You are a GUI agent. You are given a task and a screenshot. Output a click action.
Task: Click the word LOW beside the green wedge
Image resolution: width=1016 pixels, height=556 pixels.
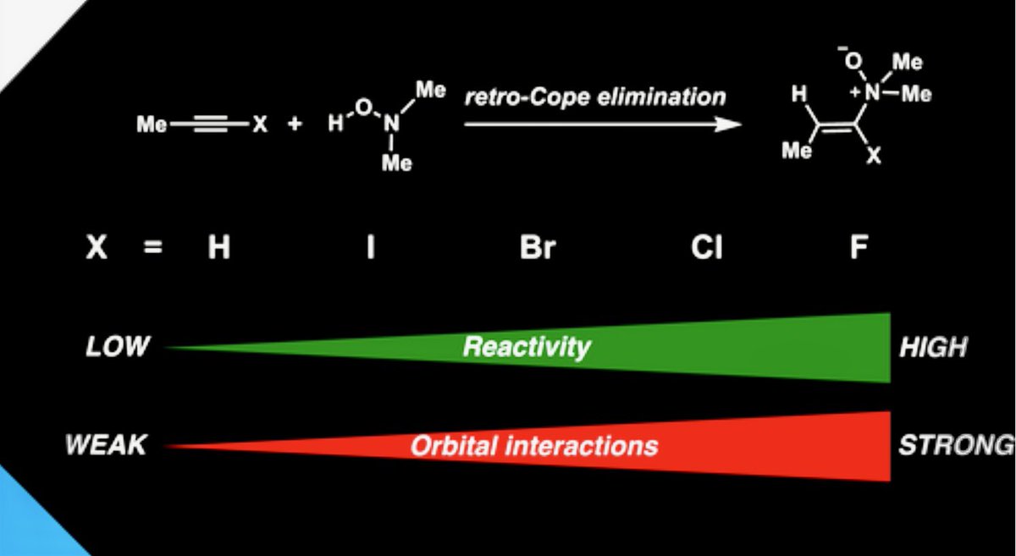point(118,347)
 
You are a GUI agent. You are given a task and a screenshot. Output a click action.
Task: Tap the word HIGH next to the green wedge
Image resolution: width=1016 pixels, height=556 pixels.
point(933,347)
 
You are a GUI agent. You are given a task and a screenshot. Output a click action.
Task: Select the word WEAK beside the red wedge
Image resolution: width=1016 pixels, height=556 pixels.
point(106,445)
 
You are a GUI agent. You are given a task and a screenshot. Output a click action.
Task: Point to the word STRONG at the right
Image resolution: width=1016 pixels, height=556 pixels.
point(955,445)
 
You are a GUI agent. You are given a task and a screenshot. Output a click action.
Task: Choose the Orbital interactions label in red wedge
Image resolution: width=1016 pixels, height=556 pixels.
point(533,446)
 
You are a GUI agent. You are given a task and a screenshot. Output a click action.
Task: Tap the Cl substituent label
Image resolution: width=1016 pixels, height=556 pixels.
point(705,250)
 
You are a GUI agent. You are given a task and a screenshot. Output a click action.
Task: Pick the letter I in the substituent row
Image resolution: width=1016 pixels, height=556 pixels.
point(370,250)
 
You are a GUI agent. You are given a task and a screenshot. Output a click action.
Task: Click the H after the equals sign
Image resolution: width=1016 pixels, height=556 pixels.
point(219,250)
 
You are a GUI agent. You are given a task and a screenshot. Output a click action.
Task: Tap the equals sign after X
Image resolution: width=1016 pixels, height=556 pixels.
point(153,250)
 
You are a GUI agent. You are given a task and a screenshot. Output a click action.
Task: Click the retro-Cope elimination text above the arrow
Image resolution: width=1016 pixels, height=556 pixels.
point(594,96)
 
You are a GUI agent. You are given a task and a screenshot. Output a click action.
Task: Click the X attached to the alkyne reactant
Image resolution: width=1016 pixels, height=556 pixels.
point(259,125)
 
